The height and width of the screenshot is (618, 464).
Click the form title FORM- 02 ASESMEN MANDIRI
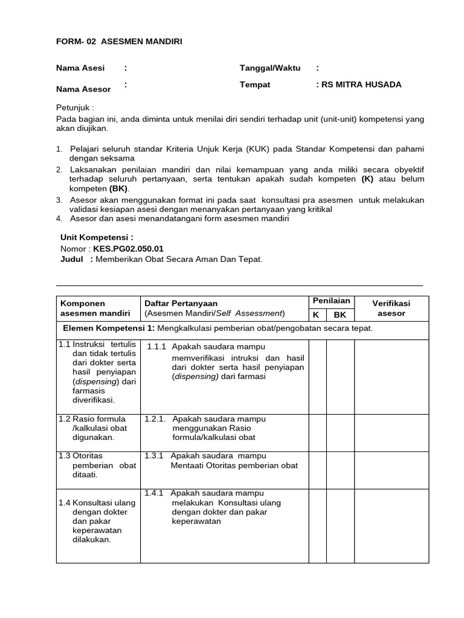[x=119, y=41]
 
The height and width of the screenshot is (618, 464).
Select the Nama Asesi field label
[x=81, y=68]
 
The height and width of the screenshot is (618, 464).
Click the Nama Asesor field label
[x=83, y=89]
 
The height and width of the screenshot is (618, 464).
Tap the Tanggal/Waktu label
[x=270, y=68]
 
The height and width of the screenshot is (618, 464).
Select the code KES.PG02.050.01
[x=128, y=249]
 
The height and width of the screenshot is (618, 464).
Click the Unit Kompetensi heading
[x=97, y=238]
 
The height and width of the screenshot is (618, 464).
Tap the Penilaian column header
[x=331, y=301]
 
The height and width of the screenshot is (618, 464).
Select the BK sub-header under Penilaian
[x=340, y=314]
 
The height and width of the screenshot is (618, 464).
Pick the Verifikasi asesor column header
[x=391, y=308]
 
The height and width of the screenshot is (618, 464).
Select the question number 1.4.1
[x=155, y=493]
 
